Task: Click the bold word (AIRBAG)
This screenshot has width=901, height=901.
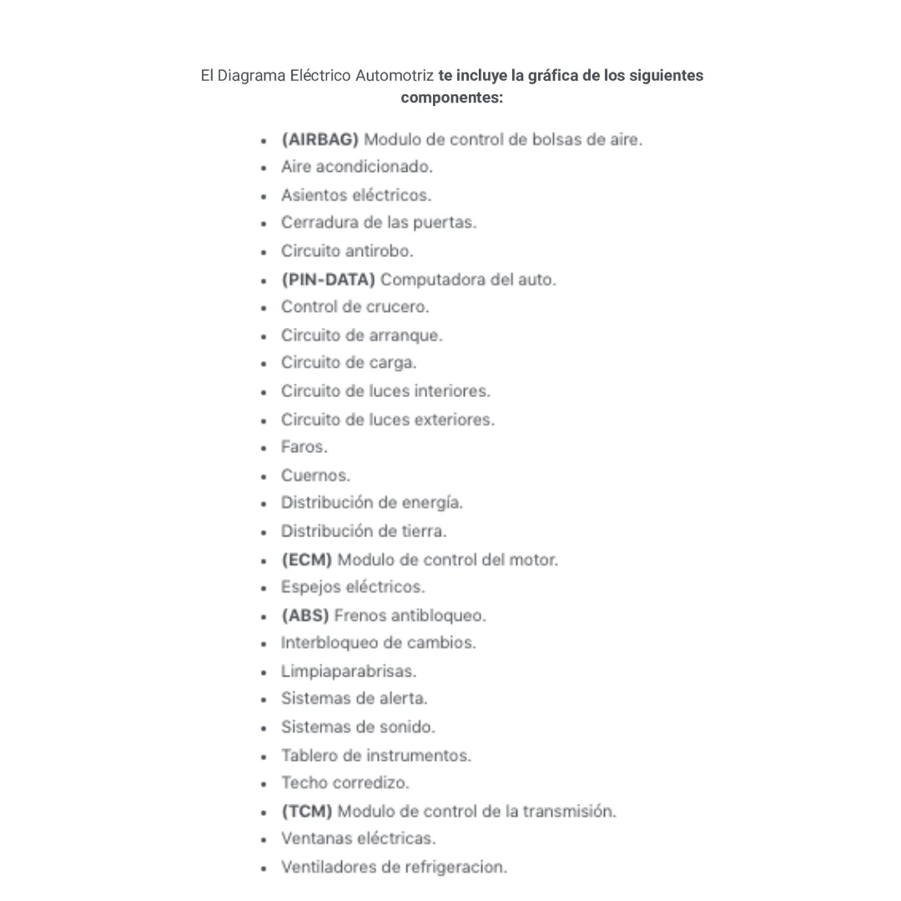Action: [320, 139]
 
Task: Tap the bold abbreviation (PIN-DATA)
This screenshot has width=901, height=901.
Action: [328, 279]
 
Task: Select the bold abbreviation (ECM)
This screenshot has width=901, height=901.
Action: [306, 560]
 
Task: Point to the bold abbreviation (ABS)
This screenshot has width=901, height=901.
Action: [305, 616]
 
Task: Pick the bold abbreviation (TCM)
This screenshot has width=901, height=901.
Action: [306, 811]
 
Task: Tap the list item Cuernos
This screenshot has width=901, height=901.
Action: [315, 476]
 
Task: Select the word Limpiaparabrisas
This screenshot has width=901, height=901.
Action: [348, 672]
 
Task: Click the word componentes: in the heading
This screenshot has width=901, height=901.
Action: [451, 98]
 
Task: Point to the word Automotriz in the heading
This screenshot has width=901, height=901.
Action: [394, 76]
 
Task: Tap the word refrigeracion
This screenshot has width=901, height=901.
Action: [456, 868]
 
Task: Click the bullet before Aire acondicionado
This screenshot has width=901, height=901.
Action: [264, 168]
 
